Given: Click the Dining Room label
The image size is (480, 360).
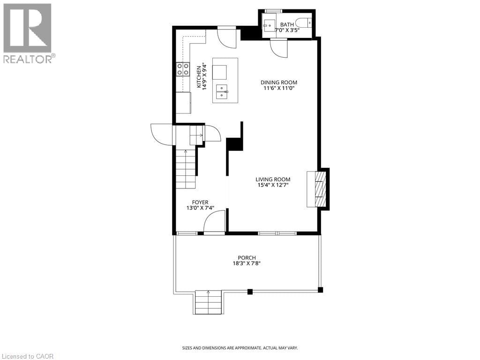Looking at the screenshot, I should tap(279, 82).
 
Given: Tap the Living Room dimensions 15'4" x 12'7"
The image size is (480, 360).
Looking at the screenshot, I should tap(272, 185).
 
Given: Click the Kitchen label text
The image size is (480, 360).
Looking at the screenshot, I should tap(199, 78).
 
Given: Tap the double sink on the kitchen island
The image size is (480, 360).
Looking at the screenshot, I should tap(222, 90).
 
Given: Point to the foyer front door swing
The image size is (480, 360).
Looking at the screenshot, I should tap(214, 222).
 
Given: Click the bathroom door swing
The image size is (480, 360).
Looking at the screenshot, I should tap(278, 48).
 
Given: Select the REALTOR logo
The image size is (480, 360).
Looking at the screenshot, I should tap(28, 33).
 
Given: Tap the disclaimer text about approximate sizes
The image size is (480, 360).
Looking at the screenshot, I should tap(240, 348).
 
